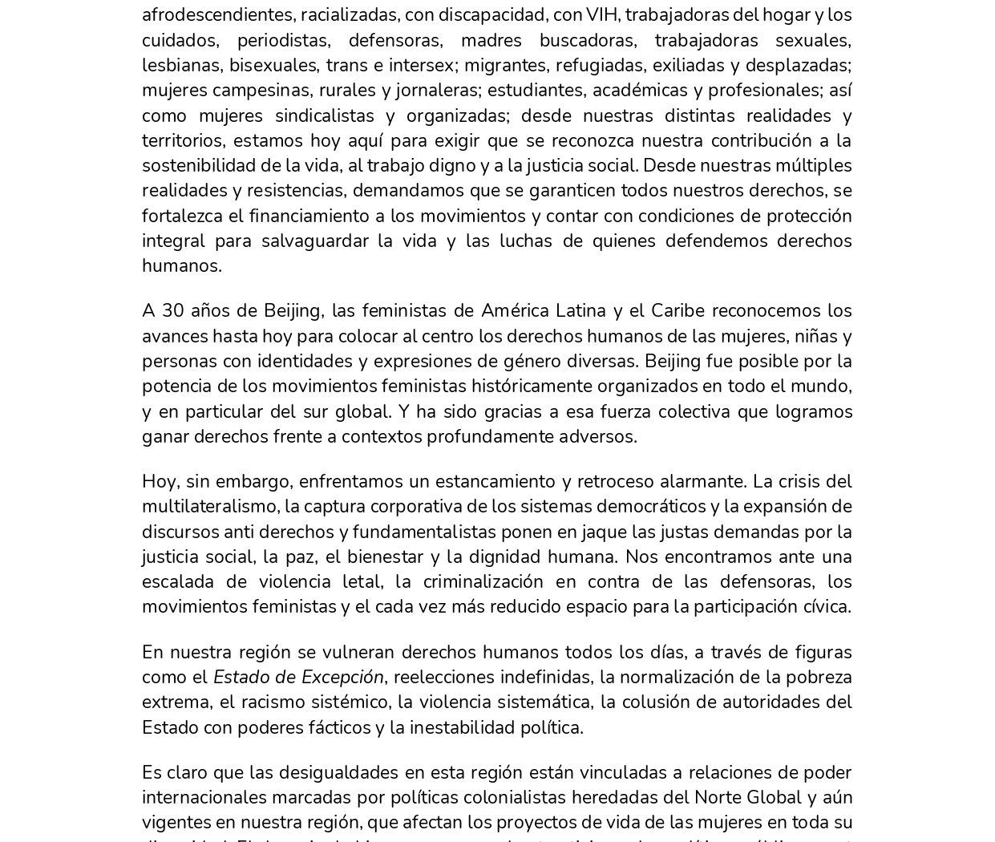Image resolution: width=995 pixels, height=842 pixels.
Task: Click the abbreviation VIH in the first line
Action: [601, 15]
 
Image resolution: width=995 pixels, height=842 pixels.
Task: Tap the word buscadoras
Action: [584, 40]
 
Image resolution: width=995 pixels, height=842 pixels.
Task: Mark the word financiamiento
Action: [315, 216]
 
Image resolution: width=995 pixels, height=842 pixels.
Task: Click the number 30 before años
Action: [173, 310]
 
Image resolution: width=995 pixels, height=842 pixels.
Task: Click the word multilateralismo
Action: [210, 506]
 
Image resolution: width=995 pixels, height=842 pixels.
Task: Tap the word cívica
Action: [827, 606]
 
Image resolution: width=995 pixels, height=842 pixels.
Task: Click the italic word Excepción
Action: [345, 677]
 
